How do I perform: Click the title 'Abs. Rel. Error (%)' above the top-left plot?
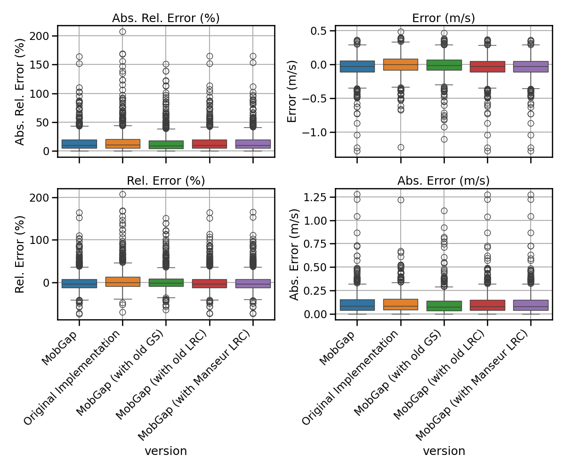(166, 18)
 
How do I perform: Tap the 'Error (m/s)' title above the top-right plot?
(444, 18)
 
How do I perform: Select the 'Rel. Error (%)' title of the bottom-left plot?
(166, 180)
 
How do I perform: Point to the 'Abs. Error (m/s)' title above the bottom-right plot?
(444, 180)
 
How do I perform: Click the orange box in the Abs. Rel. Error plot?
(122, 144)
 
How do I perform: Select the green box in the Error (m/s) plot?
(444, 65)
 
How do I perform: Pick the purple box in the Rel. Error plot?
(253, 283)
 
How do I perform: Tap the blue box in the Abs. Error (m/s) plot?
(357, 305)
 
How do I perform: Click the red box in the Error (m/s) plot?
(487, 67)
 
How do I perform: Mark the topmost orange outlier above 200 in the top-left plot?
(122, 31)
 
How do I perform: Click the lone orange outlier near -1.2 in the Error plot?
(401, 147)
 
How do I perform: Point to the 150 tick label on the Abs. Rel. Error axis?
(40, 65)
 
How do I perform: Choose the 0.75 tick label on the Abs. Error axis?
(315, 244)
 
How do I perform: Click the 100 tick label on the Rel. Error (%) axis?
(40, 240)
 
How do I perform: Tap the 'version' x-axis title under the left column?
(166, 451)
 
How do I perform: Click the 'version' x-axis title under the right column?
(444, 451)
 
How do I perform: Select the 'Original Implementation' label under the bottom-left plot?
(72, 377)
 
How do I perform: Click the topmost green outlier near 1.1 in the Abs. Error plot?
(444, 211)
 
